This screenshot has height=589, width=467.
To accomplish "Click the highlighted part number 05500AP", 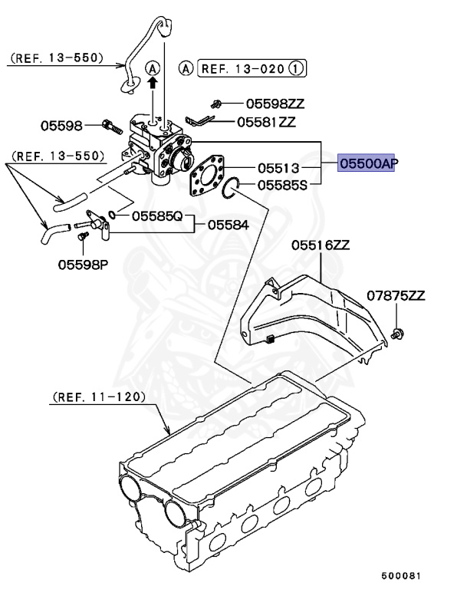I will coord(368,163).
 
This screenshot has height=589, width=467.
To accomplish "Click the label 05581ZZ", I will coord(265,121).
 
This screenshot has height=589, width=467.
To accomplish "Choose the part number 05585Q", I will coord(157,216).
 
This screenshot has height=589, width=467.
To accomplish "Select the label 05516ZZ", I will coord(320,245).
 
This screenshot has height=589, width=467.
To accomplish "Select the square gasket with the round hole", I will coord(207,174).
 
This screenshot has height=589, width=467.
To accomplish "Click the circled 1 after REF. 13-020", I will coord(298,68).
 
